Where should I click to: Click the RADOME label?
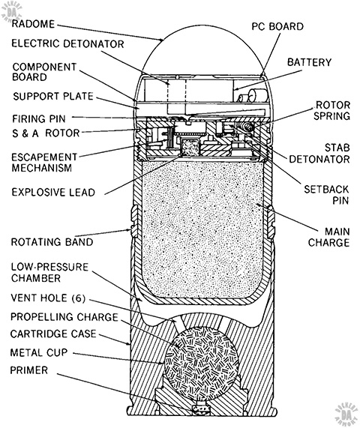click(33, 24)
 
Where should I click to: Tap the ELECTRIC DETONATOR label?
click(67, 43)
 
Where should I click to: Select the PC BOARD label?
click(277, 26)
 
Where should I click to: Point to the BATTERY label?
click(309, 62)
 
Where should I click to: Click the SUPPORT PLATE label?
click(53, 96)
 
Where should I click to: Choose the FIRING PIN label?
click(39, 118)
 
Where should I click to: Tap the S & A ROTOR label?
click(46, 133)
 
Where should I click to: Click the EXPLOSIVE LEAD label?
click(53, 192)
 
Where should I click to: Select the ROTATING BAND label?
click(52, 242)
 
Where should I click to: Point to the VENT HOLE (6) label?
click(48, 298)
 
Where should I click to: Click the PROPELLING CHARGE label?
click(64, 317)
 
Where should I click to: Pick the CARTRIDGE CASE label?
click(53, 334)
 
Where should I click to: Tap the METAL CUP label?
click(39, 352)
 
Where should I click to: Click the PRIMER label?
click(29, 370)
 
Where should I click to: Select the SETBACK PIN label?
click(326, 195)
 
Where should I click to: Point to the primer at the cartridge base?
click(201, 408)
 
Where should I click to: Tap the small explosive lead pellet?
click(190, 148)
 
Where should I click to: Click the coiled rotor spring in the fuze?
click(248, 127)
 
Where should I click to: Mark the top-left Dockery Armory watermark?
click(12, 12)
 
